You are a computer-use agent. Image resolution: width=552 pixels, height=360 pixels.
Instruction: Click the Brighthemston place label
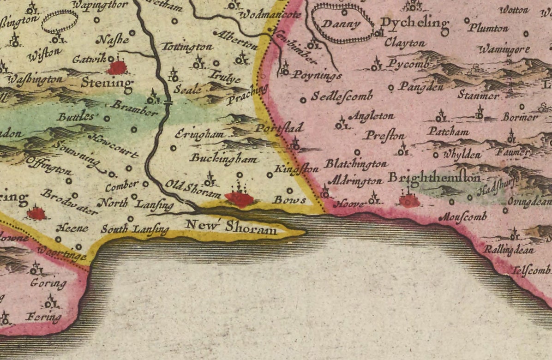pos(435,177)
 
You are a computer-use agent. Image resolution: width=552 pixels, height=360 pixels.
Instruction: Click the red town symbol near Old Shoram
pos(240,199)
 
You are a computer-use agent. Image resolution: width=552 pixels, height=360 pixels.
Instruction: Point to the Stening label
pos(107,83)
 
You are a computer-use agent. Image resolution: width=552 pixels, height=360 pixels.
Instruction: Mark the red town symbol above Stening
pos(117,68)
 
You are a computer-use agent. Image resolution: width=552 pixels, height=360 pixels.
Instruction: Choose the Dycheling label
pos(414,23)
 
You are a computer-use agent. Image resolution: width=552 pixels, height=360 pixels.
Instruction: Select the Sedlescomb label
pos(342,96)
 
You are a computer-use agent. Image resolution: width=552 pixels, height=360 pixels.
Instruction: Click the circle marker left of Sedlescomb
pos(303,100)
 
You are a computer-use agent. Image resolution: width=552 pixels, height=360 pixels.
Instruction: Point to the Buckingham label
pos(223,159)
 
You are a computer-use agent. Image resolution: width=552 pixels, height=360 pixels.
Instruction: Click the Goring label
pos(48,282)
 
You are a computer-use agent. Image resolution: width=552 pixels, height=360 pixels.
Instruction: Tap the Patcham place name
pos(448,132)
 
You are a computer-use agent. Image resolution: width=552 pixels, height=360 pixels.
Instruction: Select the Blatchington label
pos(355,164)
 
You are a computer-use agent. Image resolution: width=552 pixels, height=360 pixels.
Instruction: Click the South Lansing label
pos(135,229)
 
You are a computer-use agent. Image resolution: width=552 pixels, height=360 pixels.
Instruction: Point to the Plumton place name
pos(488,28)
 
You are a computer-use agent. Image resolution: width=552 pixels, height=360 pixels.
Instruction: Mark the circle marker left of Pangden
pos(391,87)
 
